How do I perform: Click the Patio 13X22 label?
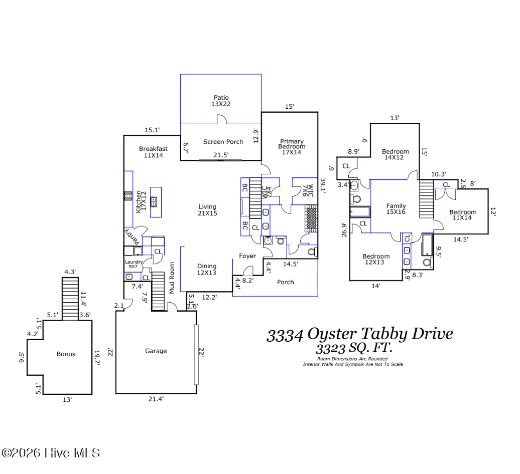pos(221,101)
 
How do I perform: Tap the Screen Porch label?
pos(223,142)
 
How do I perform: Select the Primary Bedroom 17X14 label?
pos(292,147)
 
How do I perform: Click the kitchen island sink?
pos(154,201)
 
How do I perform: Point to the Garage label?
pos(156,351)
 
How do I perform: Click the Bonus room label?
pos(66,354)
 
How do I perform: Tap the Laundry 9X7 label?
pos(134,264)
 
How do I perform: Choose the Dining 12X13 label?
pos(207,269)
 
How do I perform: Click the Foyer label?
pos(247,256)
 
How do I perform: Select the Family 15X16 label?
pos(396,208)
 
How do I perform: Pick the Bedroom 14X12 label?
pos(395,154)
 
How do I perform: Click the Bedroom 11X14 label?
pos(463,214)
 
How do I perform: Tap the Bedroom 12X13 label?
pos(376,259)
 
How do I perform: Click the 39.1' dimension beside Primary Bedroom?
pos(323,186)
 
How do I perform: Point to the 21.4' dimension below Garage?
pos(156,399)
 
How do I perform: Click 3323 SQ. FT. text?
pos(354,348)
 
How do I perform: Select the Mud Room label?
pos(172,278)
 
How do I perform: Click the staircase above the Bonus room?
pos(70,299)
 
